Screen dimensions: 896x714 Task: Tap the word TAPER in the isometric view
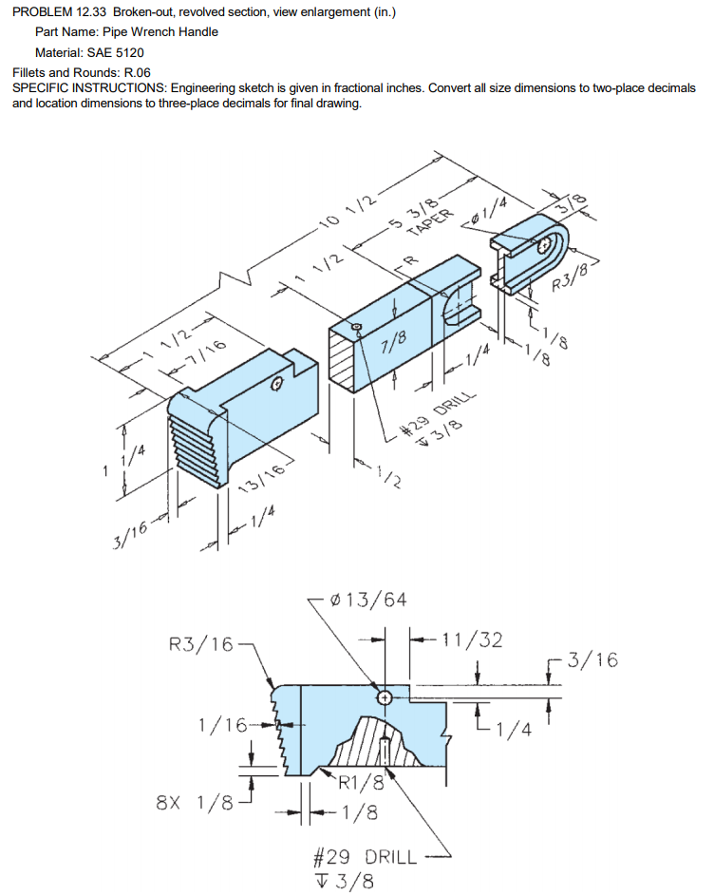(x=430, y=222)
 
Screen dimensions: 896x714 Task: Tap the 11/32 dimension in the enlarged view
(x=472, y=639)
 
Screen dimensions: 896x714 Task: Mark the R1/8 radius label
(x=362, y=782)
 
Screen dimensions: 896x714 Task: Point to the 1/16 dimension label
(x=222, y=725)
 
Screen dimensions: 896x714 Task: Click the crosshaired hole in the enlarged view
(x=385, y=697)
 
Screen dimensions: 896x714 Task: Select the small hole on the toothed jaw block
(x=276, y=384)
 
